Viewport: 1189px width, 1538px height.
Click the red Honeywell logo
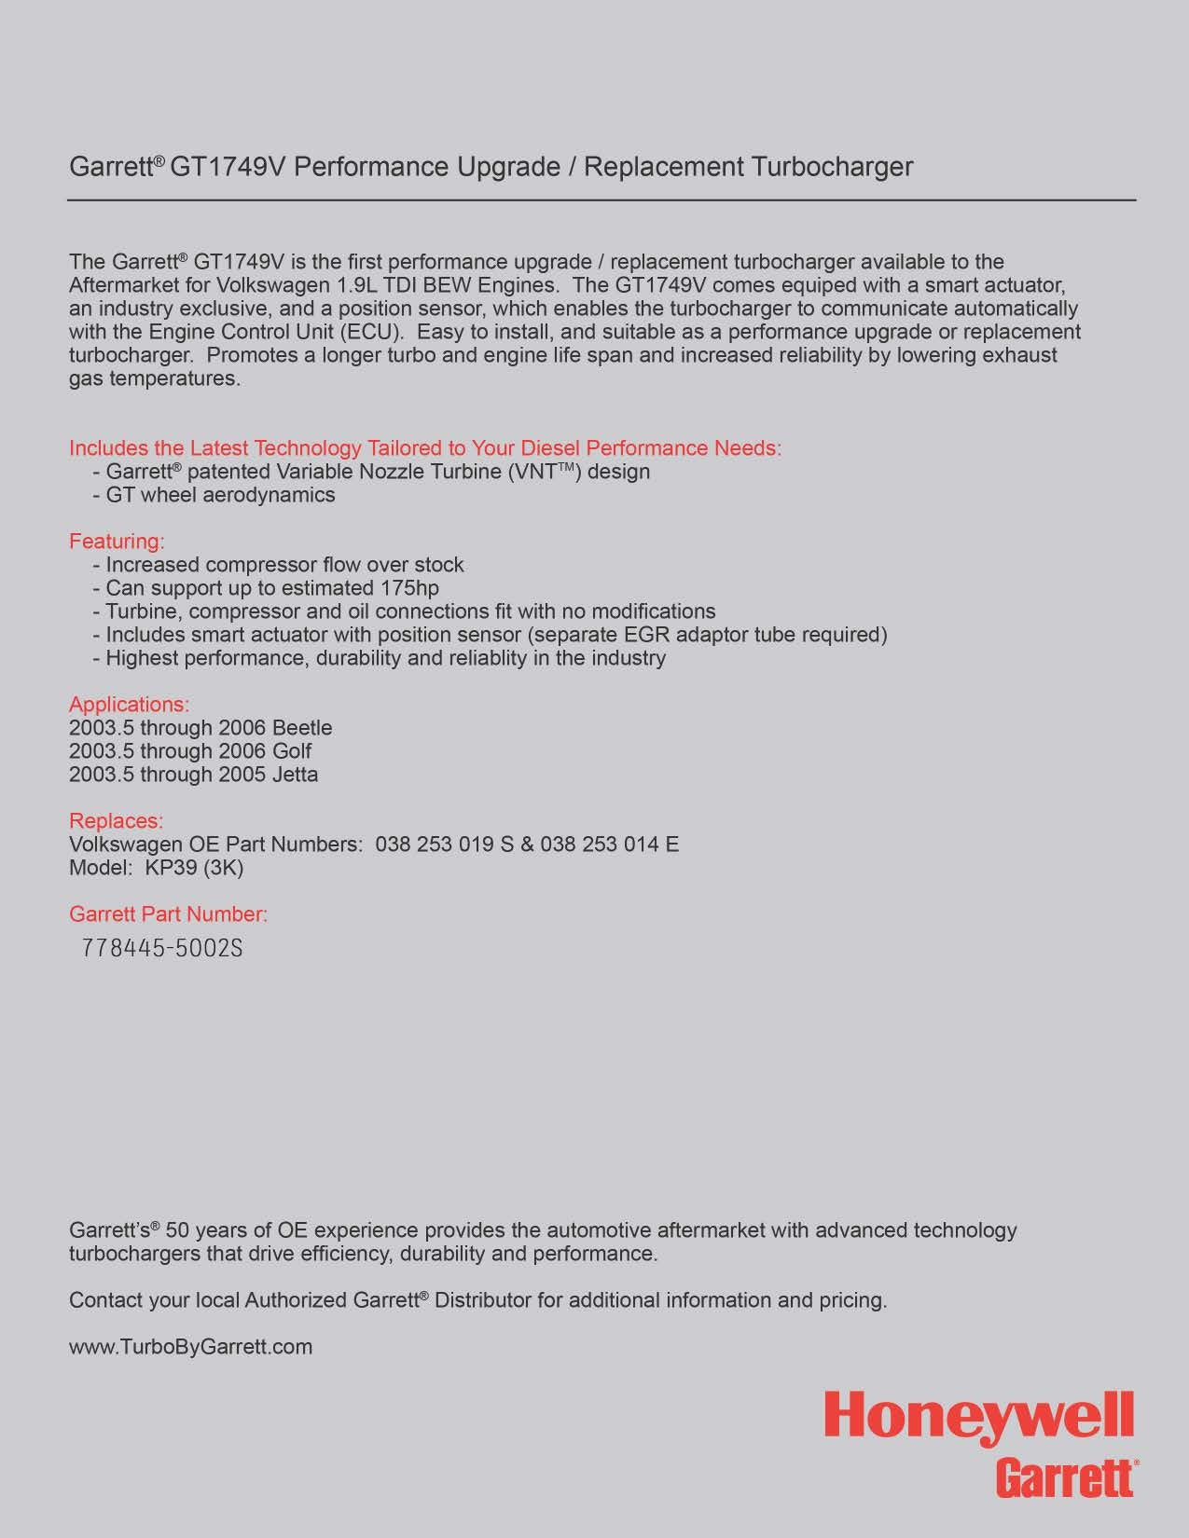pos(979,1418)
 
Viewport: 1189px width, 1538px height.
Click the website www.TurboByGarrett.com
pos(190,1347)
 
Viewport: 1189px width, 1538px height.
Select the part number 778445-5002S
pos(162,948)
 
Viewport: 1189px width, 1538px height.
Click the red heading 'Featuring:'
pos(117,542)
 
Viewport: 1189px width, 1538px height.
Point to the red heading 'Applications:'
pos(129,705)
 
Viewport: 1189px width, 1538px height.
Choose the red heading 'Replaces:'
pos(116,821)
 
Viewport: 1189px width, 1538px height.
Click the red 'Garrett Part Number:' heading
pos(168,914)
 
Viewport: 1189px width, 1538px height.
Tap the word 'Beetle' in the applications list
pos(302,728)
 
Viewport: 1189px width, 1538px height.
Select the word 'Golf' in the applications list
pos(292,751)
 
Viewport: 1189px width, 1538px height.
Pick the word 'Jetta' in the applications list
pos(295,775)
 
